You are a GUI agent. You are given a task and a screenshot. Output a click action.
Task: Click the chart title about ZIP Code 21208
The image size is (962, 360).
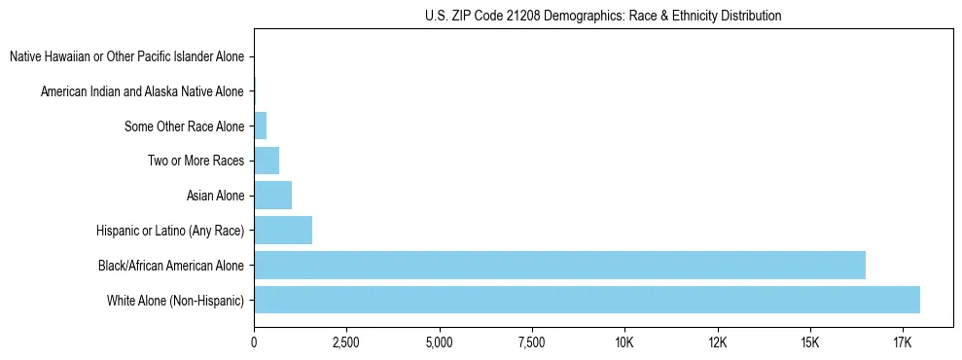pos(603,16)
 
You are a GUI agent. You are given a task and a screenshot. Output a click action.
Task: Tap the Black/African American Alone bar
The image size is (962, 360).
pos(559,265)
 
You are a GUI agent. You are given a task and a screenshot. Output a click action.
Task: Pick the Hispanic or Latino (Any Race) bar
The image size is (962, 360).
pos(283,230)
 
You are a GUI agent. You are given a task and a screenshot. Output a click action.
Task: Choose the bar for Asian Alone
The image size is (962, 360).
pos(272,195)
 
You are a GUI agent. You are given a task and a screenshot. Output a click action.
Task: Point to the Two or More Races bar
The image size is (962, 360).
pos(267,161)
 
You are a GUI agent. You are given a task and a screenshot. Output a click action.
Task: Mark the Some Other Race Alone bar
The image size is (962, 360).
pos(260,126)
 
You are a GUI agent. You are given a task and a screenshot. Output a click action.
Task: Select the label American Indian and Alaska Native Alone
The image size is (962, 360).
pos(142,91)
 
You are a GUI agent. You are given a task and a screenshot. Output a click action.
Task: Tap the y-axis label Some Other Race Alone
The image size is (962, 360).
pos(184,126)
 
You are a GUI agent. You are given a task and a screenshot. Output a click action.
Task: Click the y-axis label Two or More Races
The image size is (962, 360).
pos(196,161)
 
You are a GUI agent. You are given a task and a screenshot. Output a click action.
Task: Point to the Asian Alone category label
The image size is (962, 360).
pos(215,196)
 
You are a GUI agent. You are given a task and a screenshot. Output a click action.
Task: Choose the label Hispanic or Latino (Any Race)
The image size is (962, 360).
pos(170,231)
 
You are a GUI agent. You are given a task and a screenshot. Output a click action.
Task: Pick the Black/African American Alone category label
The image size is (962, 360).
pos(171,265)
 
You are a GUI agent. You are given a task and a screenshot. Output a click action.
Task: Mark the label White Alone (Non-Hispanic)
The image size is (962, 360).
pos(175,300)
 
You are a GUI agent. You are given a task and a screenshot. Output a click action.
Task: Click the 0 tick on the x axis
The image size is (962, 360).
pos(254,342)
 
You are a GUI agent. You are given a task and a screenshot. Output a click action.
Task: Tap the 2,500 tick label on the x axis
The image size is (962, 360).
pos(346,342)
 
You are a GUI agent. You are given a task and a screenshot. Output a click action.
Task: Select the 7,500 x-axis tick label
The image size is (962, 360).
pos(532,342)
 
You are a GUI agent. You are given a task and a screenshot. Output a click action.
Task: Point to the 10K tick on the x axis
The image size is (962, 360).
pos(624,342)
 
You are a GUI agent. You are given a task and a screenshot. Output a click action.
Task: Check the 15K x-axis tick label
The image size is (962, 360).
pos(810,342)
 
